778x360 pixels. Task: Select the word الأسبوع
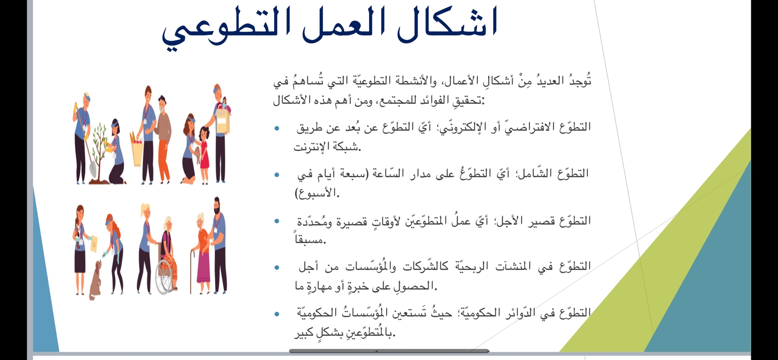(x=316, y=193)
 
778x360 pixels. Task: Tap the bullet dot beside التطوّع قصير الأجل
(x=277, y=221)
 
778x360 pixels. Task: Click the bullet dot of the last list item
(x=277, y=314)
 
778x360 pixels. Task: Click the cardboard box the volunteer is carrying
(x=223, y=120)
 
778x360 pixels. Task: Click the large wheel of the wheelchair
(x=165, y=277)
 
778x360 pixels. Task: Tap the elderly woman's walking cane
(x=191, y=271)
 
